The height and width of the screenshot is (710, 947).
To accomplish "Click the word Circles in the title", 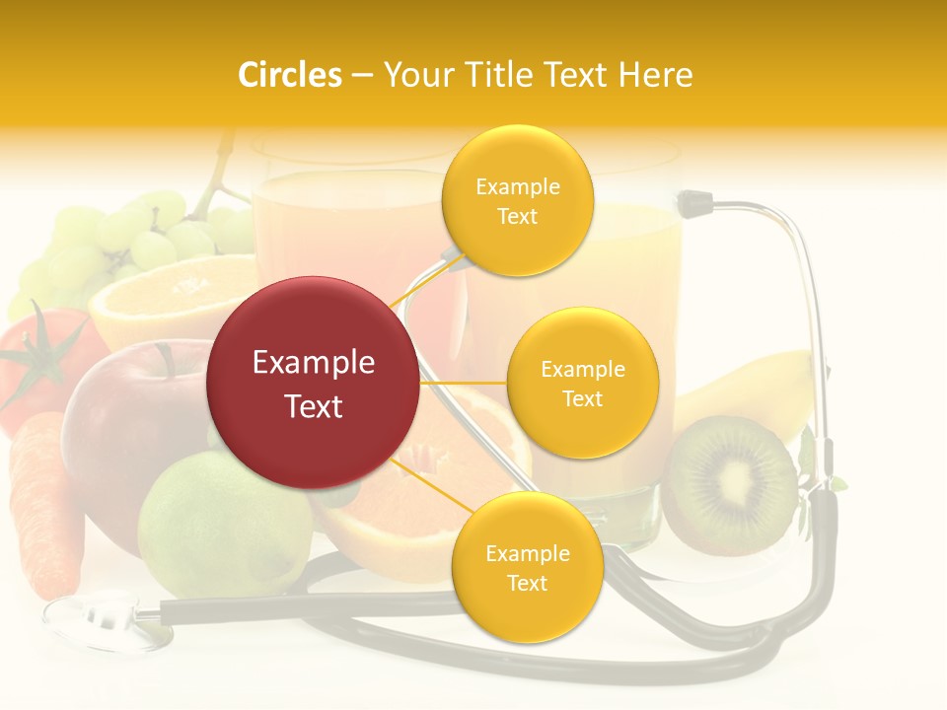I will click(x=290, y=75).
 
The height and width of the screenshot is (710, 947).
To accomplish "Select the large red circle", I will click(x=313, y=383).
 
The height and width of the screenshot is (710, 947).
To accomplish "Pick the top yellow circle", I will click(x=517, y=200).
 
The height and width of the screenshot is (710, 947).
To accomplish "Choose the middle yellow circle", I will click(x=582, y=383).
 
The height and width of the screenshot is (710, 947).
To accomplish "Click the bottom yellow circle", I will click(x=527, y=567).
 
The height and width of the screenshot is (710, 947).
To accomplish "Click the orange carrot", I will click(x=44, y=503).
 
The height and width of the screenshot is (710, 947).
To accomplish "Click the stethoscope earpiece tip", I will click(x=695, y=204).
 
